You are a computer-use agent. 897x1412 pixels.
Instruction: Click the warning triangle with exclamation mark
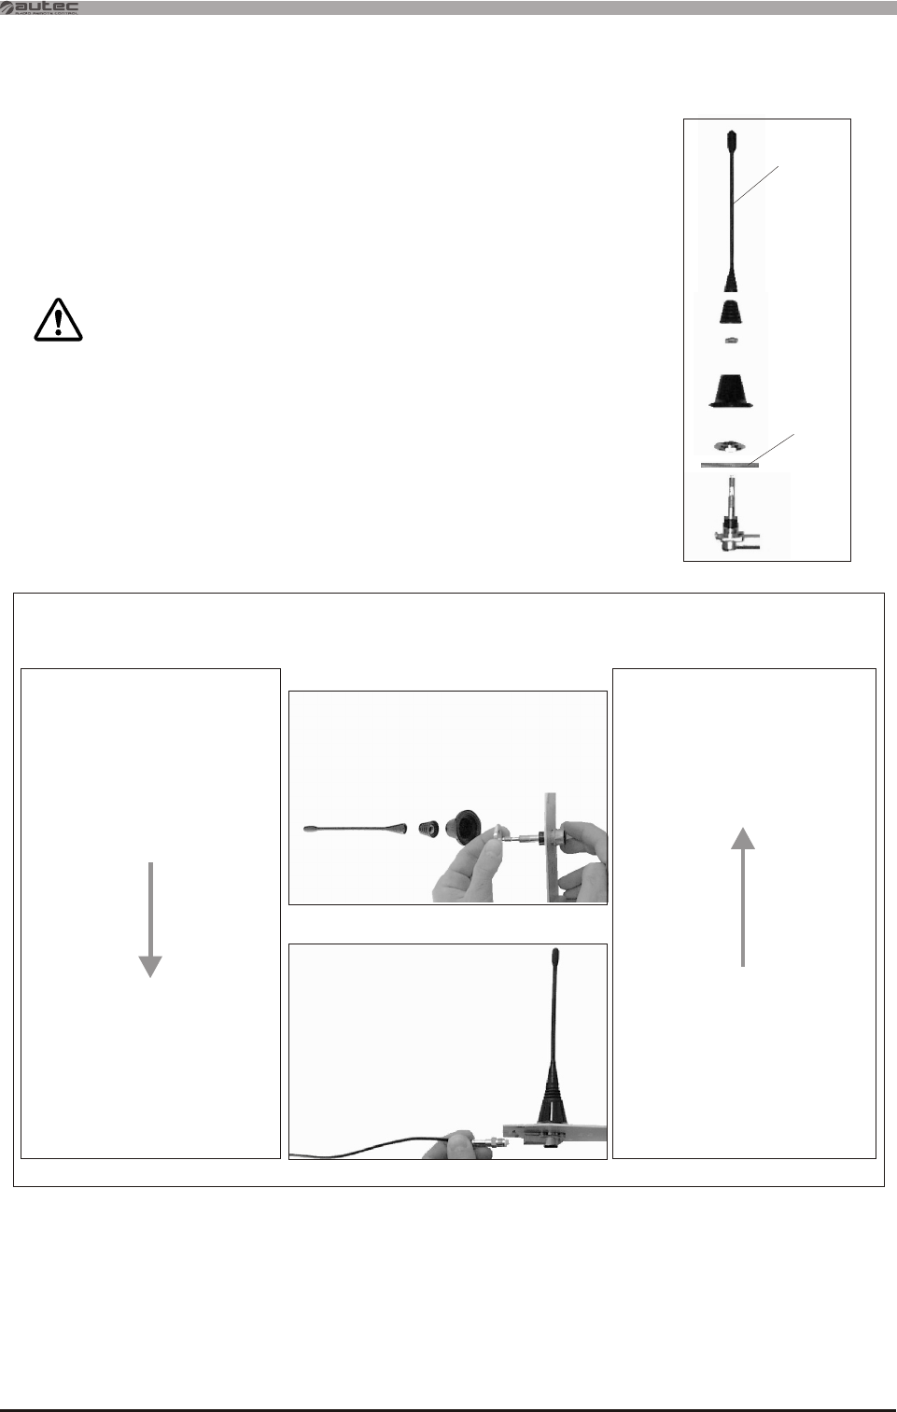[x=57, y=319]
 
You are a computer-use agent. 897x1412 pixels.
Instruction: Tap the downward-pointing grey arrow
[x=150, y=919]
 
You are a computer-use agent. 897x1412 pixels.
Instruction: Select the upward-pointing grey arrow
[x=743, y=896]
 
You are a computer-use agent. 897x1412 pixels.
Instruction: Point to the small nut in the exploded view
[x=732, y=340]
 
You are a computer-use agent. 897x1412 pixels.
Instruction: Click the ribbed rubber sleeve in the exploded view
[x=732, y=312]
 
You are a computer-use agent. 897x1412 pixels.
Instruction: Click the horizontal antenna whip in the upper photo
[x=355, y=828]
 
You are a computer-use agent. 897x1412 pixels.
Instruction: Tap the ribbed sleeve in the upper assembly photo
[x=429, y=827]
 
